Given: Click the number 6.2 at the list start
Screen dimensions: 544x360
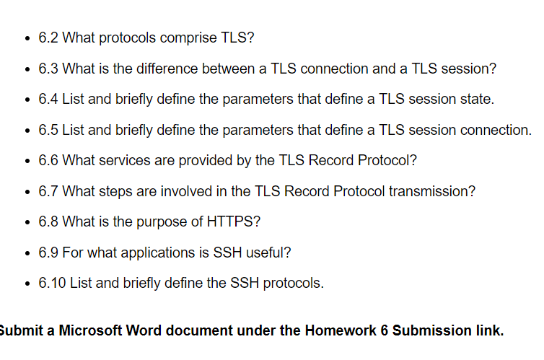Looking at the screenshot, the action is click(48, 38).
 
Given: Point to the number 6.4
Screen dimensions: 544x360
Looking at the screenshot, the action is click(48, 99).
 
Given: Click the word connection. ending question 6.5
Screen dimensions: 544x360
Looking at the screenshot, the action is click(496, 130).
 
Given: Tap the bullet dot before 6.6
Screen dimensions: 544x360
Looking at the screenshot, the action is click(27, 161).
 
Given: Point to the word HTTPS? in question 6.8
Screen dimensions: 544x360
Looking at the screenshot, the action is click(234, 221).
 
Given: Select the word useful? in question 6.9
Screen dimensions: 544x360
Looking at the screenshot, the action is click(268, 252).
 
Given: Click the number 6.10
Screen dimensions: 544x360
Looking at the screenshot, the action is click(52, 283).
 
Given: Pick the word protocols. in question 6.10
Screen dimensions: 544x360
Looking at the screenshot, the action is click(294, 284).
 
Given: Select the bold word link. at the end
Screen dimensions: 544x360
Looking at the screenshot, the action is click(490, 330).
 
